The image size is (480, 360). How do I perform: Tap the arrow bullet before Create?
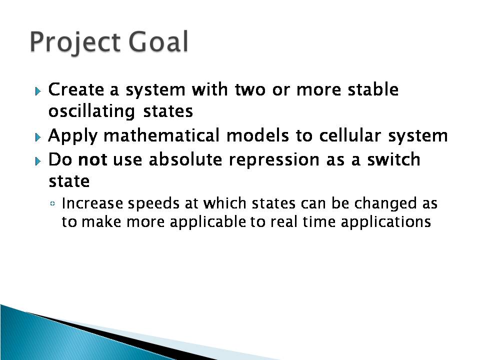click(x=38, y=91)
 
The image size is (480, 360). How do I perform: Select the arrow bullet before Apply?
click(x=38, y=137)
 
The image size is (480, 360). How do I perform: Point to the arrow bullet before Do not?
click(x=38, y=161)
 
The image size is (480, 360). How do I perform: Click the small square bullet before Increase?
click(x=52, y=203)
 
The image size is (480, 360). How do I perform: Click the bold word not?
click(x=93, y=159)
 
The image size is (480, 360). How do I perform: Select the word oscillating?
click(x=91, y=111)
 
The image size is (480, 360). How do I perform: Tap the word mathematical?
click(x=161, y=135)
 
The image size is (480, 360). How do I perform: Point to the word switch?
click(x=393, y=159)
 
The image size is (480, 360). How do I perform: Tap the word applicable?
click(x=207, y=222)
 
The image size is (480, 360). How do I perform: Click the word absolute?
click(x=185, y=159)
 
